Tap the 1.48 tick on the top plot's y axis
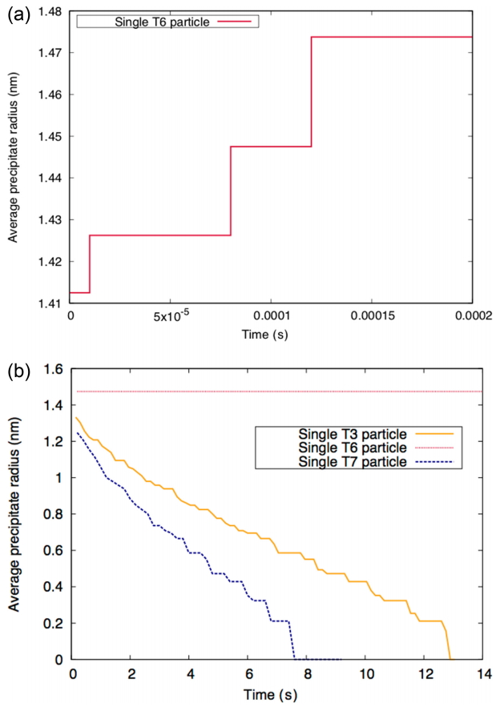pyautogui.click(x=50, y=11)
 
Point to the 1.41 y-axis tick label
pyautogui.click(x=50, y=303)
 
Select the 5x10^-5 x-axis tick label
pyautogui.click(x=179, y=317)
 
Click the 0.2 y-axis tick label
pyautogui.click(x=54, y=623)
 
